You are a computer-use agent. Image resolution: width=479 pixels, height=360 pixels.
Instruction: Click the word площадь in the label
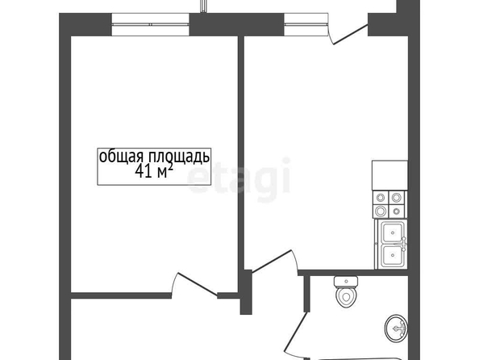[179, 157]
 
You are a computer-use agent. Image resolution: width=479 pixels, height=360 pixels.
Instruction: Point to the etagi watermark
[238, 179]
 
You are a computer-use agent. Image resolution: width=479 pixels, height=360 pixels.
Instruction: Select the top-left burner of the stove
[381, 198]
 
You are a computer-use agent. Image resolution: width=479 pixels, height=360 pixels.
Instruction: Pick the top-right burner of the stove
[396, 198]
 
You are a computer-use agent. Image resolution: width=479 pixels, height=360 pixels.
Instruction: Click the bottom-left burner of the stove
[381, 211]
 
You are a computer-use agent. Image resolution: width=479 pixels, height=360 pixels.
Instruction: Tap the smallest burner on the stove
[397, 211]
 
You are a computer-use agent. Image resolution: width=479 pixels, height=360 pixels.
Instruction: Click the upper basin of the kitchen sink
[393, 232]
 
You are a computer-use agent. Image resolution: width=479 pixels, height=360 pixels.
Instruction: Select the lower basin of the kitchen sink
[393, 255]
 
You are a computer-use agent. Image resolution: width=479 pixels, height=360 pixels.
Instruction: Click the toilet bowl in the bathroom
[346, 296]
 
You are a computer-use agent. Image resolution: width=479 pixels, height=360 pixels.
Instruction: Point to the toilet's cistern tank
[346, 282]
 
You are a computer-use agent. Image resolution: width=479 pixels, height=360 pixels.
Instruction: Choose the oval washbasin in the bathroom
[396, 329]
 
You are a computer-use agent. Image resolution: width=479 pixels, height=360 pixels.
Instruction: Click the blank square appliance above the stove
[389, 175]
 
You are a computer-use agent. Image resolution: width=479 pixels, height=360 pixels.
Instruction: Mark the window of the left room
[150, 24]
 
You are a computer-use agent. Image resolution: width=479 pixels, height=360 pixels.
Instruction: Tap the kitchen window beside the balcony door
[306, 24]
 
